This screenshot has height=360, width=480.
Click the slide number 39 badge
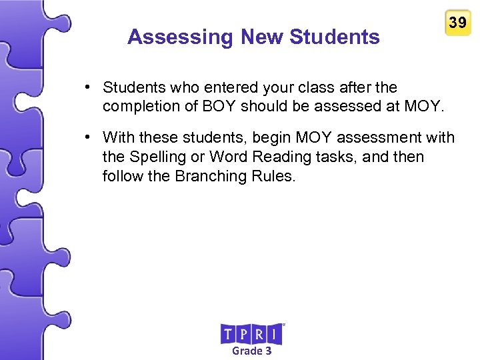(x=457, y=23)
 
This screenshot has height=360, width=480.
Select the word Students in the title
(x=335, y=37)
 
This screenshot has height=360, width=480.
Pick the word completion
(x=137, y=106)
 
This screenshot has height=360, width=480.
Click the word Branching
(x=210, y=176)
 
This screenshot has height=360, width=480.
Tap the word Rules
(x=273, y=176)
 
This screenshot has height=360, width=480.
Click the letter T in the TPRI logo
(x=228, y=334)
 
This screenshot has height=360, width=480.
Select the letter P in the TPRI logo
(x=243, y=334)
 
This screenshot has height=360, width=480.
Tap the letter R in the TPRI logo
(x=259, y=334)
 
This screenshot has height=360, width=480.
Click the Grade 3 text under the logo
(x=251, y=351)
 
